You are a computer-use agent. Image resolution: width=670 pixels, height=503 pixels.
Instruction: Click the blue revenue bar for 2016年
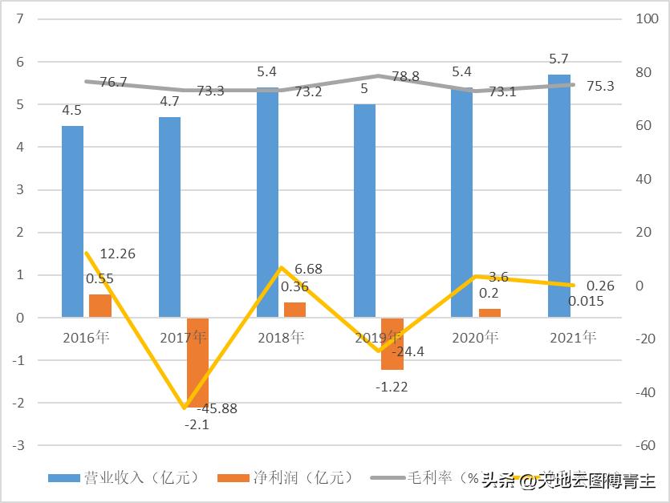click(x=72, y=221)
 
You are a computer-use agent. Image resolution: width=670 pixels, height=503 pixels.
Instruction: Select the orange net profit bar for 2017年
click(x=197, y=362)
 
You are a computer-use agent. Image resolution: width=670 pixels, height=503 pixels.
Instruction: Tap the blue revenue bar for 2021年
click(x=558, y=196)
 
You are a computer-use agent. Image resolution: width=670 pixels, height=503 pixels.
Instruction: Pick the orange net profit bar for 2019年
click(x=392, y=343)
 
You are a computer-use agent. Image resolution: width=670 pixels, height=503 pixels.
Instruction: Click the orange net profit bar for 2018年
click(x=294, y=310)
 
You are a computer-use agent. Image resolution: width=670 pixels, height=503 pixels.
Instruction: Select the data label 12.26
click(x=118, y=254)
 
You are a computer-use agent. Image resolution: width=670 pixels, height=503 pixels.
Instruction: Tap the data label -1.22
click(x=392, y=386)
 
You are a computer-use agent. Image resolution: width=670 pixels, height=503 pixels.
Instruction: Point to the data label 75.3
click(x=599, y=87)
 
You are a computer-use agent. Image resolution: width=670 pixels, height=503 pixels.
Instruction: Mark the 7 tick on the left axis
click(x=20, y=19)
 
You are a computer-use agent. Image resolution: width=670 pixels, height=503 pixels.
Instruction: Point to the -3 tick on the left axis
click(x=18, y=445)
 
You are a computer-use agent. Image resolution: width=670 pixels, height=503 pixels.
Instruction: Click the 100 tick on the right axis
click(x=645, y=19)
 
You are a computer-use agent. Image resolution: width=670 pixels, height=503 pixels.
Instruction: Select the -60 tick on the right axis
click(x=645, y=445)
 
